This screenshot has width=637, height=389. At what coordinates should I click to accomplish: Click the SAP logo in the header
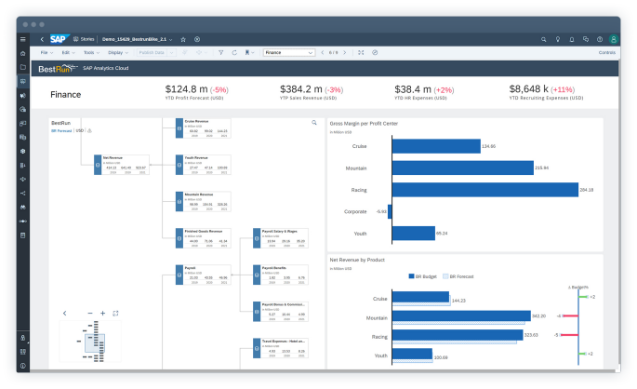click(58, 39)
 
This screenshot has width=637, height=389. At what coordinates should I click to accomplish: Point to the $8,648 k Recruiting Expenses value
click(538, 89)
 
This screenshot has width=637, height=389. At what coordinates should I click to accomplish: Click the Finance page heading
click(65, 94)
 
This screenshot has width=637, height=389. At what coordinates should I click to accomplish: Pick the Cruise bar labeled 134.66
click(434, 146)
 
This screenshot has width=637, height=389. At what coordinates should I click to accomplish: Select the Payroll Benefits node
click(279, 274)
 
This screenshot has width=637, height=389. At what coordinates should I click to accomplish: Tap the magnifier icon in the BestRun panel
click(313, 122)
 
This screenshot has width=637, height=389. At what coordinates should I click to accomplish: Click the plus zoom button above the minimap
click(102, 313)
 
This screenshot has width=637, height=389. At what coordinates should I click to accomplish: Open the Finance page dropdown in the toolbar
click(289, 53)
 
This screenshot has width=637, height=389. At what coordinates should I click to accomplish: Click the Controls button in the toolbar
click(607, 53)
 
